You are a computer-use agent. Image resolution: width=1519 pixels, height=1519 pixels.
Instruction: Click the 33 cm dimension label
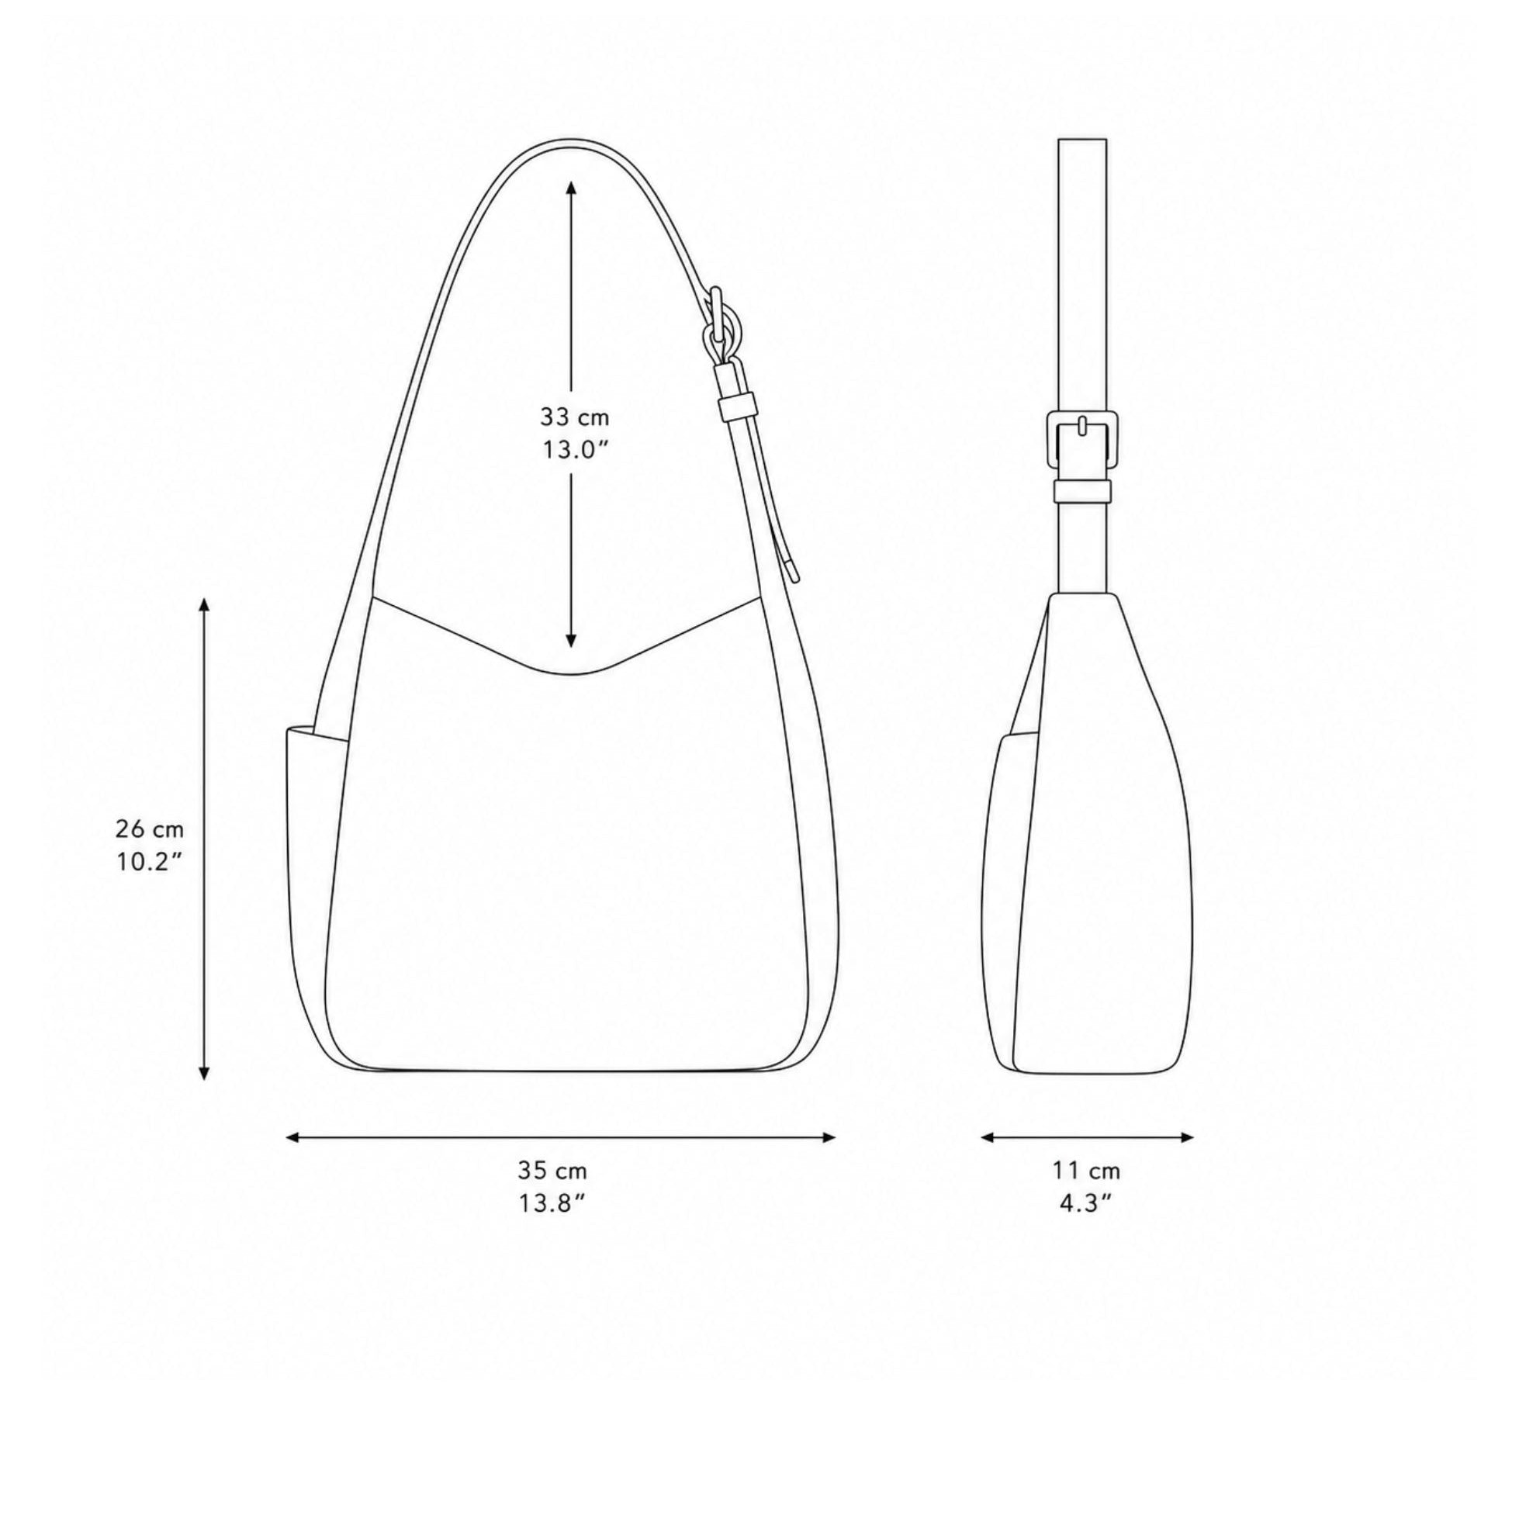[574, 416]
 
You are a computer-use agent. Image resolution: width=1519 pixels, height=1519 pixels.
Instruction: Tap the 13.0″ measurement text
[576, 451]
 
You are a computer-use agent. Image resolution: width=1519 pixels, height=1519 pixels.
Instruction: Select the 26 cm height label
[150, 828]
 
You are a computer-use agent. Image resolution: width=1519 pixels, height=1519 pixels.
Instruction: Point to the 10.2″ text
[151, 862]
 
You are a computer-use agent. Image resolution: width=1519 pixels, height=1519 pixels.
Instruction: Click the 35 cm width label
[552, 1171]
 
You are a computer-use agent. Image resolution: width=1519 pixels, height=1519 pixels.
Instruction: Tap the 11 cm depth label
[1087, 1171]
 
